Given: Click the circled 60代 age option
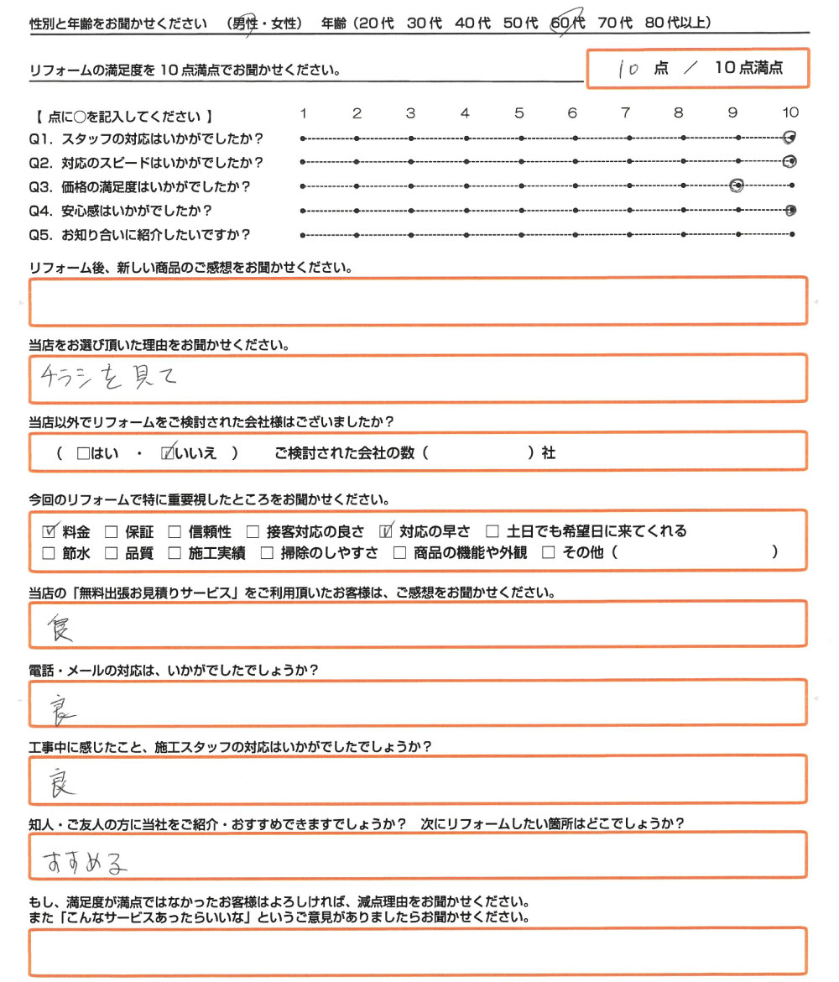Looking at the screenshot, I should point(566,24).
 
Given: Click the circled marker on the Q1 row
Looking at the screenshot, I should point(789,138).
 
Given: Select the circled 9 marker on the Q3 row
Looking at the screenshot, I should point(737,185).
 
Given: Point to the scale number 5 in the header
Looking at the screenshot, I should point(519,113).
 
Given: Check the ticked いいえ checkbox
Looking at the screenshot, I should point(168,453).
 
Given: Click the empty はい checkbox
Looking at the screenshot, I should point(82,453).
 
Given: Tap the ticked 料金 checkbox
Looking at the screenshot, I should point(49,530).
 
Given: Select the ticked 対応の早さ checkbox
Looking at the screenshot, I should point(387,530).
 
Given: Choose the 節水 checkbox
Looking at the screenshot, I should point(49,552).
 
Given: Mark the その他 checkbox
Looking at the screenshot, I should point(549,552).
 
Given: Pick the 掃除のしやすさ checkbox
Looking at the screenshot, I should point(267,552).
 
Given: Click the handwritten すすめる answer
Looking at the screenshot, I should point(88,860).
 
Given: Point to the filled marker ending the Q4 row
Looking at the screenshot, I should point(791,210).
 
